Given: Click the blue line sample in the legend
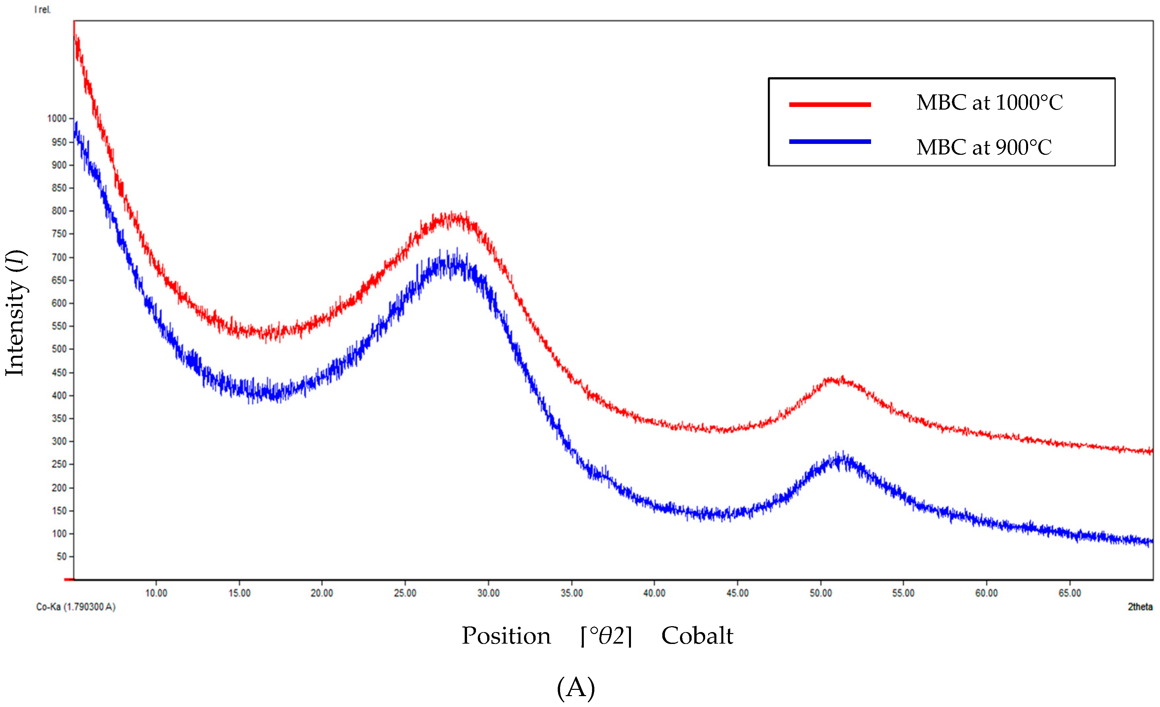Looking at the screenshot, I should (830, 141).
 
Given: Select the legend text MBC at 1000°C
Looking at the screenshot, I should (989, 103).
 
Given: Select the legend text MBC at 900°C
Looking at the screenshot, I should (984, 148).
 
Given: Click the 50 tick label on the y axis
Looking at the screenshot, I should (62, 557).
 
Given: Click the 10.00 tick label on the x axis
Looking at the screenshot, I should (156, 593).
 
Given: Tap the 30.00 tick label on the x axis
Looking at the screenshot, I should (488, 593).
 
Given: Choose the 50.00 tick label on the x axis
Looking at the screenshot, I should (821, 593).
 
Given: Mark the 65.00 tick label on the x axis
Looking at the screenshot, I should (1070, 593).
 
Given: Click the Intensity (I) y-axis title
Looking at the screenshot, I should (15, 313).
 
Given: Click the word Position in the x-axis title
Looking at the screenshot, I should (506, 636).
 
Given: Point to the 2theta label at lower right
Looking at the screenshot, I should (1140, 607).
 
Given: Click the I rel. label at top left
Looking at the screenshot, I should (42, 10).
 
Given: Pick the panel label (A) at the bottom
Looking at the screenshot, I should (576, 688).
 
